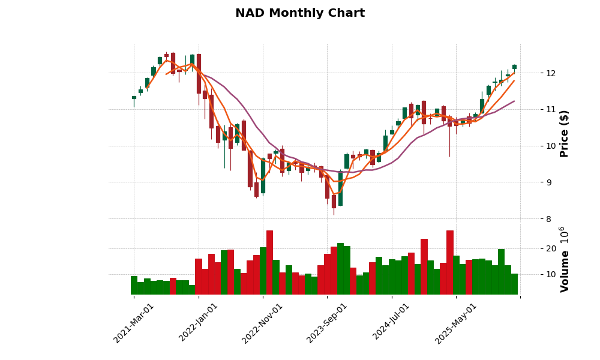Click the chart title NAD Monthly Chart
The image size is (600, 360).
299,13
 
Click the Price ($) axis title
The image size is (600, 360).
564,133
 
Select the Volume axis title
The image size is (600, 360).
564,259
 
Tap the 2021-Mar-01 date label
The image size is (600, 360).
134,323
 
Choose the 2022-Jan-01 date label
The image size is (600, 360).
199,323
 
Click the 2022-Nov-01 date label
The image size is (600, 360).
262,323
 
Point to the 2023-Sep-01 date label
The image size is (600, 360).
327,323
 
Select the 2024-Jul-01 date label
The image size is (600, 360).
391,323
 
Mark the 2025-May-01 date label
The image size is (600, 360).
456,323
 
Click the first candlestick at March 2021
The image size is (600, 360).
134,97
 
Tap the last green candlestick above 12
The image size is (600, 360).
514,67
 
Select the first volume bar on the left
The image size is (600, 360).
134,285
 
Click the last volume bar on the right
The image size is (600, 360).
514,284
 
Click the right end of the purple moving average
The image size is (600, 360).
514,101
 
